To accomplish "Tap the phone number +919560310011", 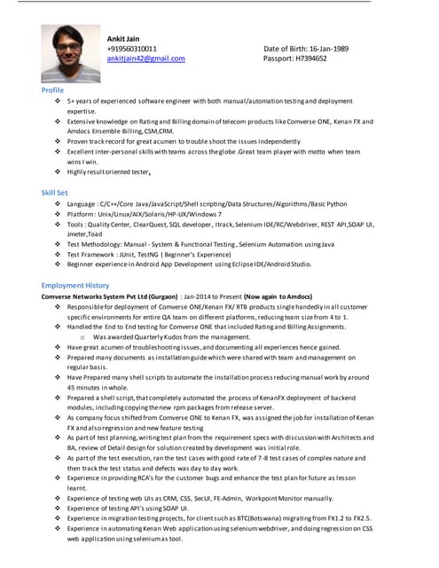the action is pos(132,49).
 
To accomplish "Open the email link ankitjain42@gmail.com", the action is pos(145,59).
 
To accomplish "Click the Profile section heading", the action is pos(52,91).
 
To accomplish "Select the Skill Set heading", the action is pos(54,193).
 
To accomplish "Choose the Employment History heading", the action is pos(75,285).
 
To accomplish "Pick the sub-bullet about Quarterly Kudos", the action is pos(165,337).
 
